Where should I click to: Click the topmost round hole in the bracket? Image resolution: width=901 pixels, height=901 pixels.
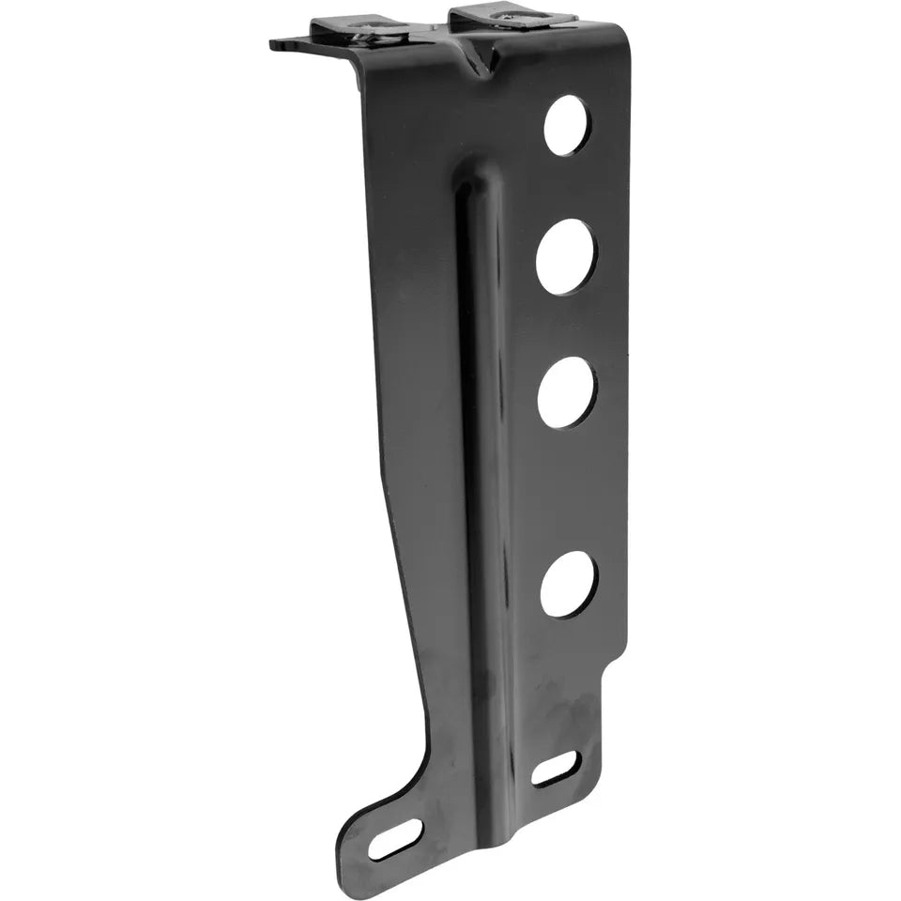point(567,125)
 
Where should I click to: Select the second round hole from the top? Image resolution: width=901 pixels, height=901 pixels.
point(566,258)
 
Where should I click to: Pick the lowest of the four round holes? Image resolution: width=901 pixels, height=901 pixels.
point(569,583)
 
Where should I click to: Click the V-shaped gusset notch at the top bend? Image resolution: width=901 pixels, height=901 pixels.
point(479,61)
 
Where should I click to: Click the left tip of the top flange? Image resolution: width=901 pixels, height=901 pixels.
point(274,44)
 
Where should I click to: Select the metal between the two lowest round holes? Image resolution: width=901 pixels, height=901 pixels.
point(568,488)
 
